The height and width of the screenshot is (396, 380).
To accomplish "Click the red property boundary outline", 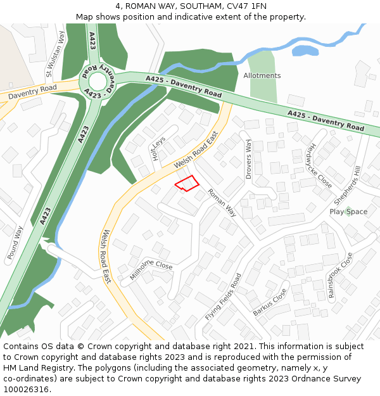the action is point(187,183).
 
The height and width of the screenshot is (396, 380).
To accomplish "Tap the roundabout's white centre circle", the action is point(97,80).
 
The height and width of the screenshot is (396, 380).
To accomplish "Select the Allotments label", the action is point(262,75).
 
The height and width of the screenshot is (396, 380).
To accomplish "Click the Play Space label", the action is point(348,212).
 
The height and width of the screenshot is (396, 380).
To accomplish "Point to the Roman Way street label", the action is point(222,203).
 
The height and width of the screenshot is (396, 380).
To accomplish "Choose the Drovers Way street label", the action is point(249,158).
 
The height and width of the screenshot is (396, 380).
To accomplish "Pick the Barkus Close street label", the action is point(270,303).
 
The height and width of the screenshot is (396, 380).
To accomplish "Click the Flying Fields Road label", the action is point(224,297).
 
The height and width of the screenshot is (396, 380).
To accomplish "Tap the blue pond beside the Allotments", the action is point(305,50).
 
